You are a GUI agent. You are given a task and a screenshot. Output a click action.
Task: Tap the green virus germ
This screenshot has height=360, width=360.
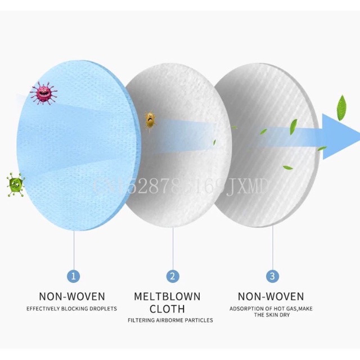coord(16,183)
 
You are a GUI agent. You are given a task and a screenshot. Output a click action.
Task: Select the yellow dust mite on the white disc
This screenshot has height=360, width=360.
coord(150,118)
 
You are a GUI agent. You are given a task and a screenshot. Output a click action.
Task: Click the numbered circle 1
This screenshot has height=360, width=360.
coord(74,276)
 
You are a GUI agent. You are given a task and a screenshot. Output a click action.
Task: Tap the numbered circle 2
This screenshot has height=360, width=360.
coord(173,276)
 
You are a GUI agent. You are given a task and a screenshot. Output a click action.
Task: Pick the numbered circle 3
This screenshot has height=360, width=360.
coord(272,276)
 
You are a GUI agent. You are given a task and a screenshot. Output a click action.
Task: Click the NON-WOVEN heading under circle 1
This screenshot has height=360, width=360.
coord(72,296)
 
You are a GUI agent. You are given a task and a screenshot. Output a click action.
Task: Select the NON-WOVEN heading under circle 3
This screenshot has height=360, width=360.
coord(271,296)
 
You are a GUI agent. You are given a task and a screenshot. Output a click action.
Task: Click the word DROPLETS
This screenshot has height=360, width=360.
coord(102,309)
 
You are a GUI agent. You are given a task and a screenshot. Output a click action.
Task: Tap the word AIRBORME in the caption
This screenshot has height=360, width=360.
coord(169,321)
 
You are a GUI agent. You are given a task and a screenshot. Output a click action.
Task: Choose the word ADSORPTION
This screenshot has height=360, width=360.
coord(244,309)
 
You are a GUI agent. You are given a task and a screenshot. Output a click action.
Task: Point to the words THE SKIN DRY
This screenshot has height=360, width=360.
coord(271,316)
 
